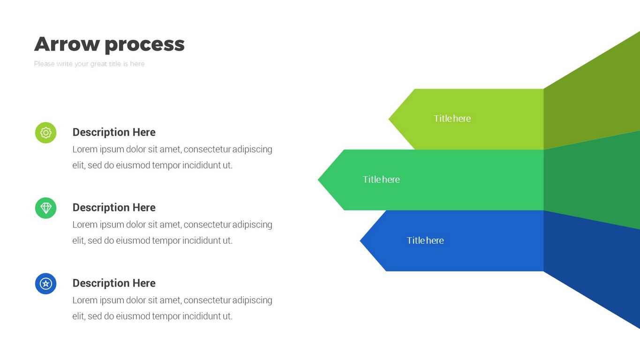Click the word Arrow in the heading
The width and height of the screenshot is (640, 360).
coord(67,44)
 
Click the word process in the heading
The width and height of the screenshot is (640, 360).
coord(144,45)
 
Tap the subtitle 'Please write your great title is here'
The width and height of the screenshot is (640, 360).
coord(89,64)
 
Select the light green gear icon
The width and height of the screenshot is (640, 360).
coord(45,133)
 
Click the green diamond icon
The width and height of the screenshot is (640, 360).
coord(45,208)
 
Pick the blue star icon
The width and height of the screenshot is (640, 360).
coord(45,284)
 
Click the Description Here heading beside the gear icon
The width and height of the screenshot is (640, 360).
coord(114,132)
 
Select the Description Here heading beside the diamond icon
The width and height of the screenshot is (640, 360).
coord(114,207)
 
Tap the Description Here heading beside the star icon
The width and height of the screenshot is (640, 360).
coord(114,283)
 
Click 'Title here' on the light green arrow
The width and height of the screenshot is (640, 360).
coord(452,119)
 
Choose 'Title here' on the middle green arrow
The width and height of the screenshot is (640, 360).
coord(381,180)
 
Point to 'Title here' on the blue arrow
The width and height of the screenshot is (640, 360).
coord(425,240)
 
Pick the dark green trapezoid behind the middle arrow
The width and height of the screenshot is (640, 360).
coord(591,180)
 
